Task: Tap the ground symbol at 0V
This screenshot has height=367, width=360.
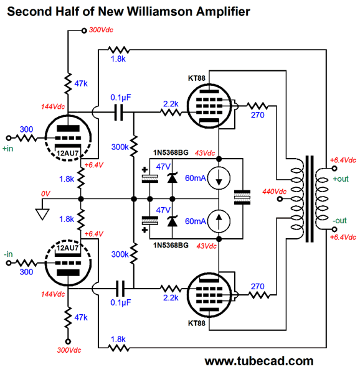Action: click(x=42, y=214)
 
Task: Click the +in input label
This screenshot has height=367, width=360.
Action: click(x=10, y=149)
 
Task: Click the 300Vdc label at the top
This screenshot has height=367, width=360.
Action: click(x=102, y=29)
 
